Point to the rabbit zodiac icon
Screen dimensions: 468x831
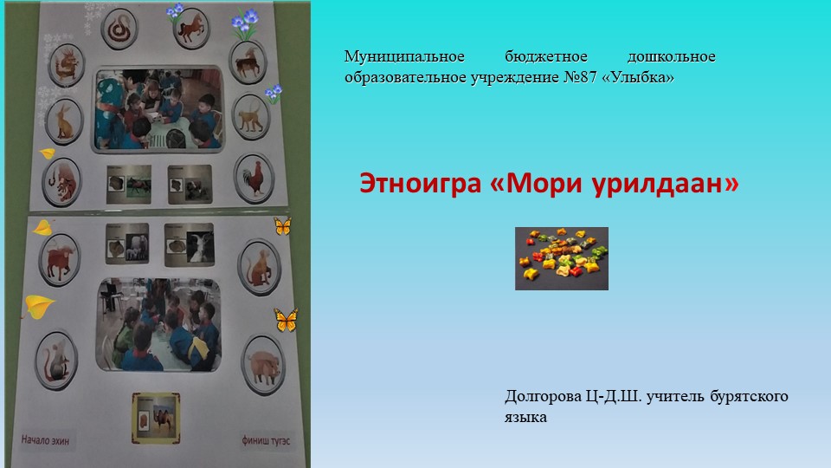tap(64, 122)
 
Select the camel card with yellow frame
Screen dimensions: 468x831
tap(156, 419)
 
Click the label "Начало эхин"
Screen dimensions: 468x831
tap(45, 439)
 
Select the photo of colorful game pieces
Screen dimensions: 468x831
tap(561, 258)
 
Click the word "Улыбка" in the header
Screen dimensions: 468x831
tap(641, 78)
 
